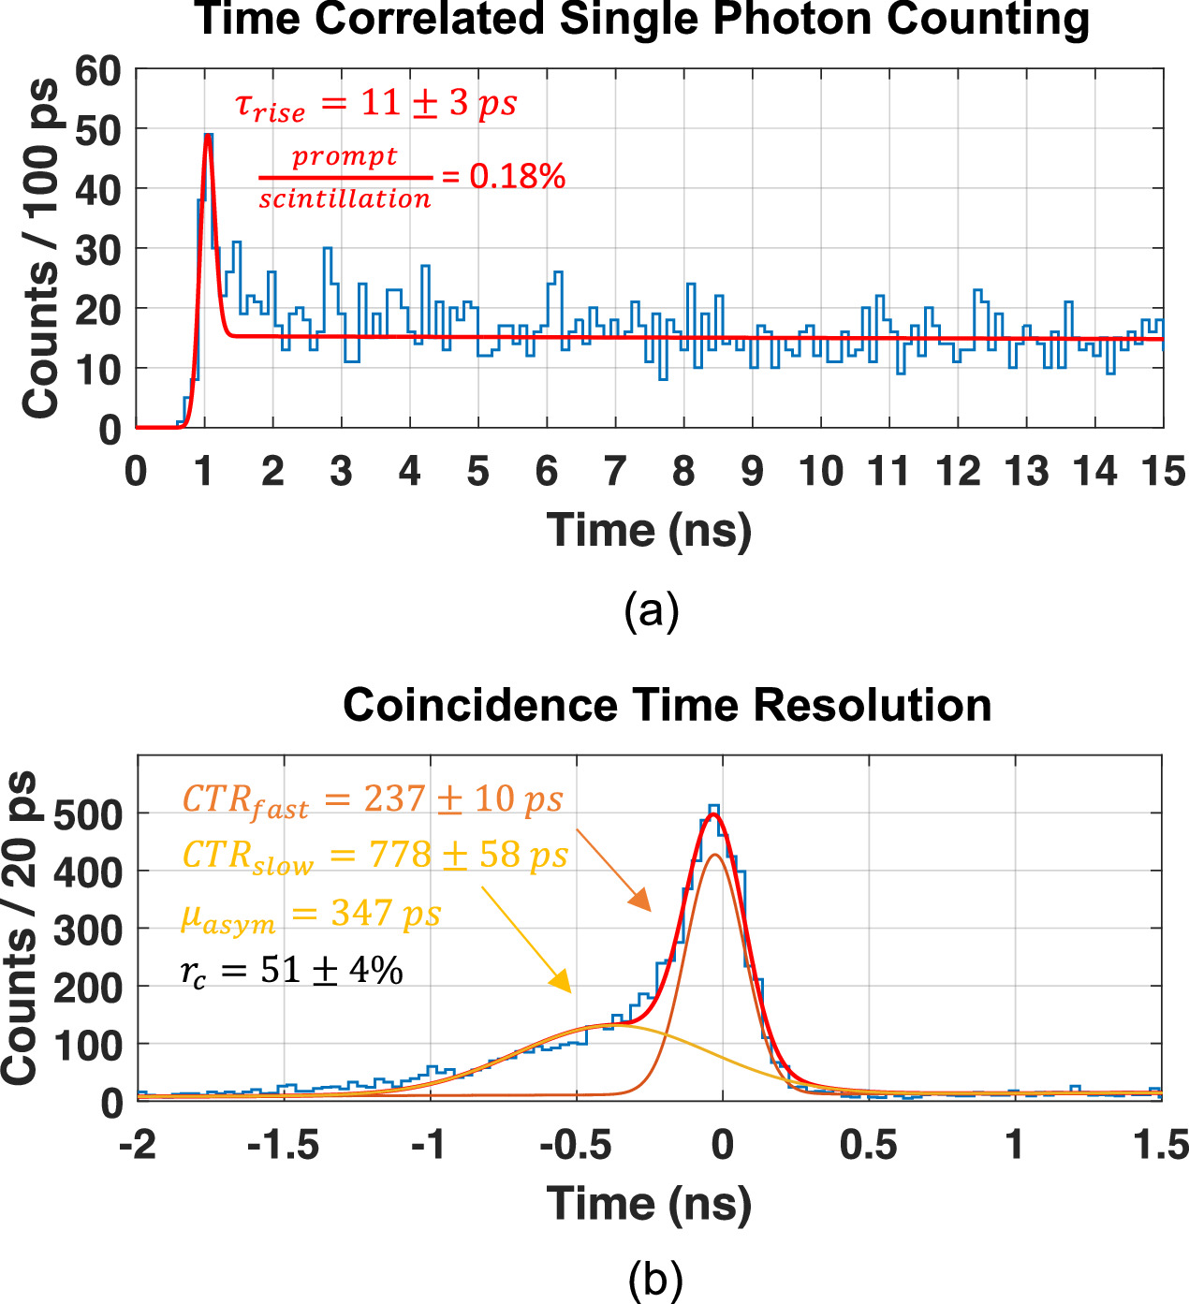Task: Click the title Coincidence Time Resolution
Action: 667,705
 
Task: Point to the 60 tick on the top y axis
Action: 98,71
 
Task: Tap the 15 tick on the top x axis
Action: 1162,471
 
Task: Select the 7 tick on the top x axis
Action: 615,471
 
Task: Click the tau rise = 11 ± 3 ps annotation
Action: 375,104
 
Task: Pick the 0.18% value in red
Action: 517,176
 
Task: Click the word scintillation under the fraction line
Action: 345,199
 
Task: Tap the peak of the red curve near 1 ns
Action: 208,136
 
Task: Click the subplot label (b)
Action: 654,1281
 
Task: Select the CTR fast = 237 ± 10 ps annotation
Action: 372,800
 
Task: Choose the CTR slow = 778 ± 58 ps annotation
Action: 374,857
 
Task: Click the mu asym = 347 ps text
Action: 310,915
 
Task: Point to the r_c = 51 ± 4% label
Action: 291,972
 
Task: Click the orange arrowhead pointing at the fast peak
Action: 640,901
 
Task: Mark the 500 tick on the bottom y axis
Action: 88,814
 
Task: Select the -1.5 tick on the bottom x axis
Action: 284,1145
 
